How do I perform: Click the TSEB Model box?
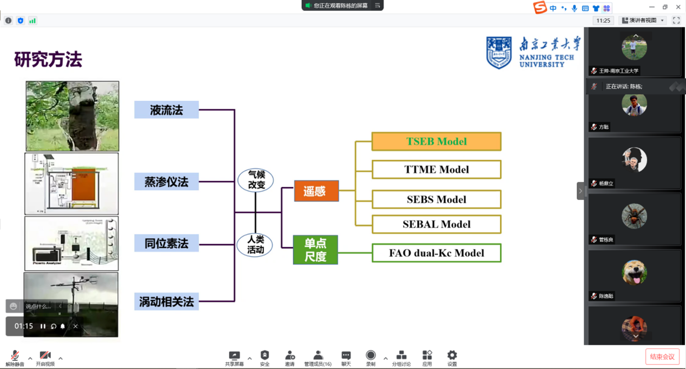[x=436, y=141]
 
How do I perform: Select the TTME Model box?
[x=436, y=170]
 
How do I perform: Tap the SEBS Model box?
[x=436, y=199]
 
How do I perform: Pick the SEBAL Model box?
[x=436, y=224]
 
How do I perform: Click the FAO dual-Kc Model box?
[x=436, y=253]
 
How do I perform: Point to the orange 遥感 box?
[x=316, y=191]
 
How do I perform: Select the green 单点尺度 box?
[x=315, y=250]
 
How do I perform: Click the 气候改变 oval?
[x=256, y=180]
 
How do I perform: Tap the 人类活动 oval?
[x=255, y=245]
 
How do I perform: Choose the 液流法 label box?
[x=166, y=110]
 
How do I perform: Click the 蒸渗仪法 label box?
[x=166, y=182]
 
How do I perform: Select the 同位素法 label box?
[x=166, y=243]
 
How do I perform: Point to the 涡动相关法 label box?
[x=166, y=301]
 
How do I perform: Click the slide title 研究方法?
[x=48, y=59]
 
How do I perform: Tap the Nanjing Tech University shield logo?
[x=498, y=53]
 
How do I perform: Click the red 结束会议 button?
[x=662, y=357]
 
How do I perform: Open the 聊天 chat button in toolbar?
[x=346, y=358]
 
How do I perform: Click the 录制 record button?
[x=371, y=358]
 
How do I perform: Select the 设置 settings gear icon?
[x=452, y=358]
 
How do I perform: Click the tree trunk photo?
[x=72, y=116]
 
